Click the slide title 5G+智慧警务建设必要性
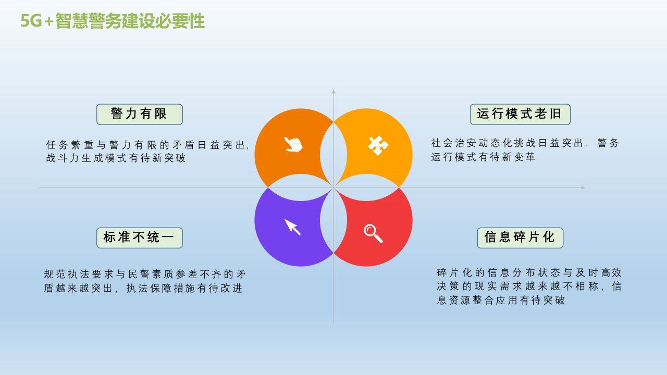113,21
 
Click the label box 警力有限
139,114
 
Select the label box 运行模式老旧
520,114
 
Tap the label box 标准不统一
139,238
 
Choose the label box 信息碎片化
520,238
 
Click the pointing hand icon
293,145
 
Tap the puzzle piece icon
378,145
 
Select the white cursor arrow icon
292,227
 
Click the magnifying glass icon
373,233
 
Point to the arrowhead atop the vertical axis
333,92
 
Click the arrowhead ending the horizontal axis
583,188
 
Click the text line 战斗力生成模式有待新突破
116,158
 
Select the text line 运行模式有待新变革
483,157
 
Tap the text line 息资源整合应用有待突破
501,300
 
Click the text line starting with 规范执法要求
145,274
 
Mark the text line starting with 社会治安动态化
525,143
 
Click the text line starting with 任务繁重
147,145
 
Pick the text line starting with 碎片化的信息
529,272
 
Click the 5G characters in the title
31,21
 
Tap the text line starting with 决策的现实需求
529,286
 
